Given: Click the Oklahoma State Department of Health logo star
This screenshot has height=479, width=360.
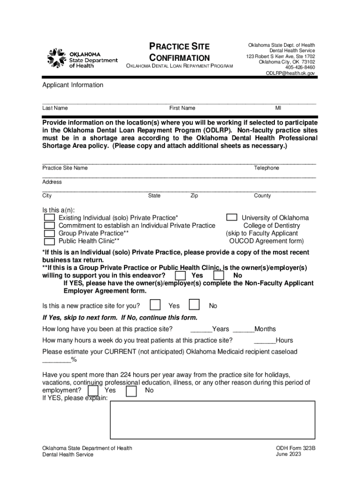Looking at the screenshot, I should click(x=57, y=58).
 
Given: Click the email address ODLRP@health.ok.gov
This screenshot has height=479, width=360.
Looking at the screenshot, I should click(x=290, y=73).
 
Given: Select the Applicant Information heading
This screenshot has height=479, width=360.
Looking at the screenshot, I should click(x=73, y=85).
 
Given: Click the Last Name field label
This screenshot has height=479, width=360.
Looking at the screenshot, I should click(x=55, y=108).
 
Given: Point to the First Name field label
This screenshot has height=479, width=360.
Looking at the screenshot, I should click(x=182, y=108).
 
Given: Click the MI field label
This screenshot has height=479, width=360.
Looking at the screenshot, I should click(x=278, y=108).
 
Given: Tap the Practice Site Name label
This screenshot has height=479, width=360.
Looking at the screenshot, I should click(x=65, y=168).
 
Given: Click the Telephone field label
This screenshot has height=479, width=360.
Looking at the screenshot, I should click(x=266, y=168).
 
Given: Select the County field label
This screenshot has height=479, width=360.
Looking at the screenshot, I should click(x=262, y=196).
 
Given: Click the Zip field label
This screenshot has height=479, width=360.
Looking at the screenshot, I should click(x=194, y=196).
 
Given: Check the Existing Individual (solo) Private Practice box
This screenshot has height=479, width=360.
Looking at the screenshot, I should click(x=49, y=218).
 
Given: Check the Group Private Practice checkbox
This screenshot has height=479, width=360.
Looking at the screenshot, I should click(x=49, y=234).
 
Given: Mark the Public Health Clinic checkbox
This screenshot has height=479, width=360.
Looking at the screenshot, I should click(x=49, y=242).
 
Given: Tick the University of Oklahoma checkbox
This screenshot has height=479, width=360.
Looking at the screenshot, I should click(x=231, y=218).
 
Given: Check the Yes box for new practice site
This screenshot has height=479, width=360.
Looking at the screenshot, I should click(x=155, y=305).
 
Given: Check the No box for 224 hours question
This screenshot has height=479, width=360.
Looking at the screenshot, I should click(x=132, y=391).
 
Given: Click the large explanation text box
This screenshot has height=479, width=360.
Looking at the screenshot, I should click(x=212, y=420).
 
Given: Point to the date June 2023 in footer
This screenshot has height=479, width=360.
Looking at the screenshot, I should click(x=288, y=454).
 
